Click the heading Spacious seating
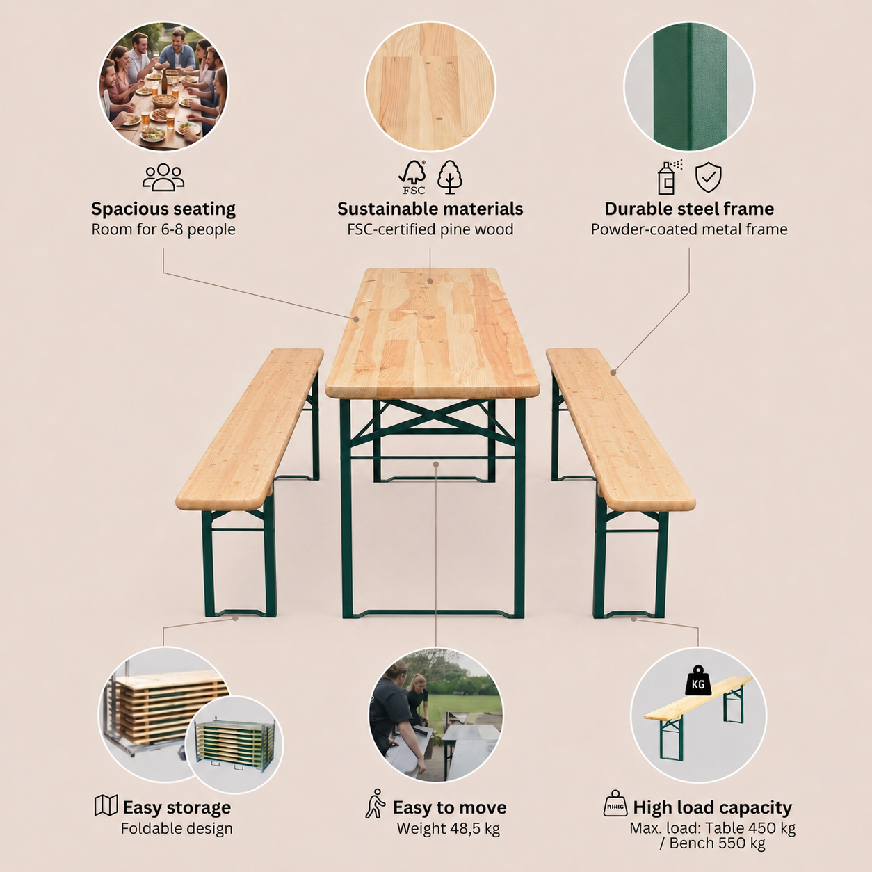(163, 209)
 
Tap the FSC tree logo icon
(412, 177)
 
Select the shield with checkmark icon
(708, 178)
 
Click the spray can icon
(669, 177)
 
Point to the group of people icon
(163, 177)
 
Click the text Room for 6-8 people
(163, 229)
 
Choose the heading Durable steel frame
(689, 209)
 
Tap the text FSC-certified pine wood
(430, 229)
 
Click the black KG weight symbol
(698, 681)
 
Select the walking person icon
(375, 804)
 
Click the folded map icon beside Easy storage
(106, 805)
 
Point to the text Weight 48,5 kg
(449, 829)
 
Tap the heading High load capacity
(713, 807)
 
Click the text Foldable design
(177, 829)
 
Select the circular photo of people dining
(163, 87)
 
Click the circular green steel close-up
(689, 87)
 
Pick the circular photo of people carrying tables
(436, 714)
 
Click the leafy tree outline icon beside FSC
(450, 177)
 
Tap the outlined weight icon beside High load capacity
(615, 804)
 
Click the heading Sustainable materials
(430, 209)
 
